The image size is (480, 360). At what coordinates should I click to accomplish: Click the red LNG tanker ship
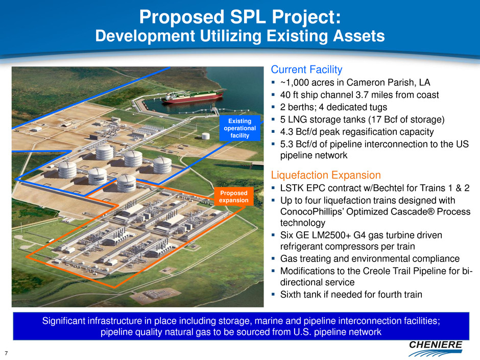click(194, 96)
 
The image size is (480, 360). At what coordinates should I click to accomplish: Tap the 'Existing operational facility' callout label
click(239, 128)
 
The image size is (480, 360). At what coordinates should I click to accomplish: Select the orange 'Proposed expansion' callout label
click(233, 197)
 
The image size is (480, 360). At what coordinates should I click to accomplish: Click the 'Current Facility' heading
click(306, 69)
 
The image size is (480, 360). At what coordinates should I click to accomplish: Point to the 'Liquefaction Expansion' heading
click(326, 175)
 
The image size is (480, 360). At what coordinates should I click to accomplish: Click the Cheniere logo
click(435, 348)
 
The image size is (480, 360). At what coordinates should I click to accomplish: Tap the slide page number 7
click(6, 353)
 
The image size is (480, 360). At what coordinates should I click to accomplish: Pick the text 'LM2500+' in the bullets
click(331, 235)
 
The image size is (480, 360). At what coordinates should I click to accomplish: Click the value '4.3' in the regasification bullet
click(286, 132)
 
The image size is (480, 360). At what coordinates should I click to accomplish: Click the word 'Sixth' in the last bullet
click(290, 295)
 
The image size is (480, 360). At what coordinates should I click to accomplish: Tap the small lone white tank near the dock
click(206, 136)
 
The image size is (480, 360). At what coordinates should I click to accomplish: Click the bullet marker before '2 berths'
click(273, 107)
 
